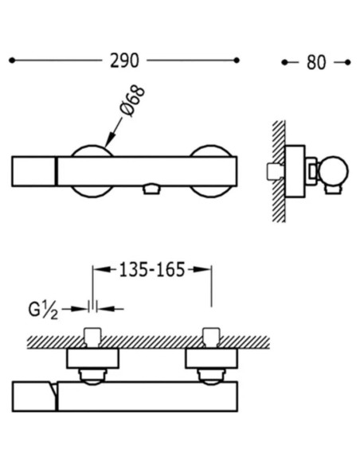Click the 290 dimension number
tap(124, 61)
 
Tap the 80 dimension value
tap(316, 63)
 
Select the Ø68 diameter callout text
tap(133, 101)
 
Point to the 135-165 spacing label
tap(152, 270)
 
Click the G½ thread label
tap(43, 311)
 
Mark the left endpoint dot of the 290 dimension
tap(12, 61)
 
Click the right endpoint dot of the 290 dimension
tap(237, 61)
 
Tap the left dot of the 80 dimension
tap(284, 62)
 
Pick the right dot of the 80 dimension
tap(348, 62)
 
